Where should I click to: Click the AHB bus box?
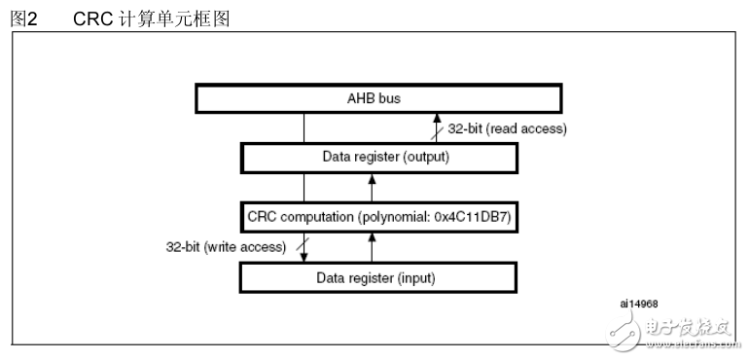click(377, 99)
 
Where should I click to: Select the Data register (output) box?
click(377, 157)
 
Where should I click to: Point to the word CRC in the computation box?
click(263, 217)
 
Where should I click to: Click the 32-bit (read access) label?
click(507, 128)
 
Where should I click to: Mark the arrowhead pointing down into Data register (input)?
click(303, 257)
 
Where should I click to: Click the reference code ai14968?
click(637, 303)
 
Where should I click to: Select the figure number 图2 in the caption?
click(21, 18)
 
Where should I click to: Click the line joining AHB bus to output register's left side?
click(303, 127)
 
